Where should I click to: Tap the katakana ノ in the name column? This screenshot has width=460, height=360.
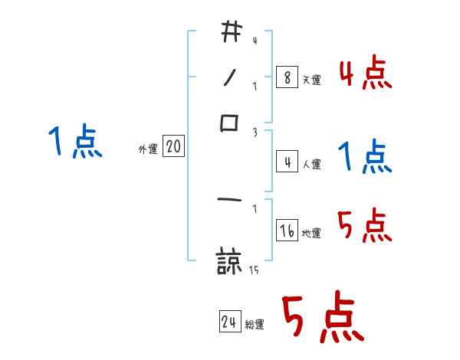click(x=230, y=78)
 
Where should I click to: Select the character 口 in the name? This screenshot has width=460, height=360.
click(x=230, y=123)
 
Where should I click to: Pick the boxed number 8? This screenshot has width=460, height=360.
click(x=286, y=77)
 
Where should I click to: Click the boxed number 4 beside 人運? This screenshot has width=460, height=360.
click(x=286, y=162)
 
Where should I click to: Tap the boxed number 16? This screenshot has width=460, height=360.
click(x=287, y=231)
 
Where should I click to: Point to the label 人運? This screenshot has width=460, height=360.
click(x=311, y=164)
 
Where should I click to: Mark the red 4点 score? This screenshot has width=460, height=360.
click(x=365, y=75)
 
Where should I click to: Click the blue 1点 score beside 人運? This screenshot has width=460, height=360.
click(x=365, y=158)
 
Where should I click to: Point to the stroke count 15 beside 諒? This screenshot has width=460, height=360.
click(x=254, y=270)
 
